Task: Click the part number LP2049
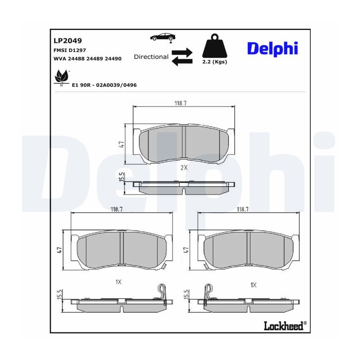click(x=68, y=41)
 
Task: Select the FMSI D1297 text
click(x=70, y=50)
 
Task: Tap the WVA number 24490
click(x=113, y=58)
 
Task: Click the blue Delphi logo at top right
click(x=272, y=48)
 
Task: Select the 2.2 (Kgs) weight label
click(x=215, y=62)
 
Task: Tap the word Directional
click(x=151, y=57)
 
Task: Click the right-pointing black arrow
click(x=182, y=52)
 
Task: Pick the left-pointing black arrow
click(x=182, y=61)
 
